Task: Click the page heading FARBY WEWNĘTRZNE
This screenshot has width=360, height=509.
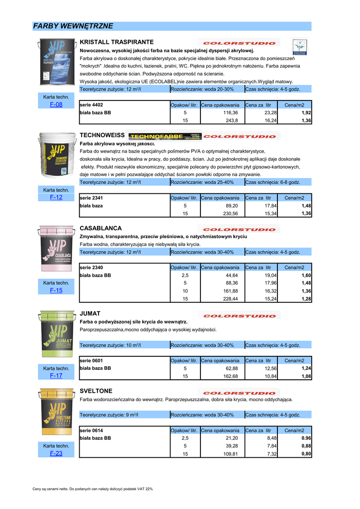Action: click(x=73, y=26)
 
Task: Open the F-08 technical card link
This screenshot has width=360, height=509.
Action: click(x=56, y=104)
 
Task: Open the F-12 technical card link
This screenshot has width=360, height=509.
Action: click(x=56, y=197)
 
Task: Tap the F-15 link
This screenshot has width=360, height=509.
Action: click(x=56, y=290)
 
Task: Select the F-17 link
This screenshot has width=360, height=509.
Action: click(x=56, y=376)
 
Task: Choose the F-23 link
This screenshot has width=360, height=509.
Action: click(x=56, y=453)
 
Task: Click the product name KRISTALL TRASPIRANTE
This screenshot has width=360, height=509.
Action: click(x=117, y=42)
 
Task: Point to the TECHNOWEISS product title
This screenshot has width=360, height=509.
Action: click(x=102, y=135)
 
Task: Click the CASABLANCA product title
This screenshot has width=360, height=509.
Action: click(x=101, y=228)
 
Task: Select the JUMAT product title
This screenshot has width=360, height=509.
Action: click(x=90, y=314)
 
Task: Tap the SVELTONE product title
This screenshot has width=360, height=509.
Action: click(x=96, y=391)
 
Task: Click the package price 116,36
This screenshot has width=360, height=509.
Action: click(x=232, y=113)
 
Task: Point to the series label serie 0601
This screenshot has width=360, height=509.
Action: click(x=91, y=360)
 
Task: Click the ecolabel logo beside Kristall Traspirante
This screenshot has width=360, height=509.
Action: click(x=299, y=46)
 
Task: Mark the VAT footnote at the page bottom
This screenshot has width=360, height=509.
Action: click(x=92, y=489)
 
